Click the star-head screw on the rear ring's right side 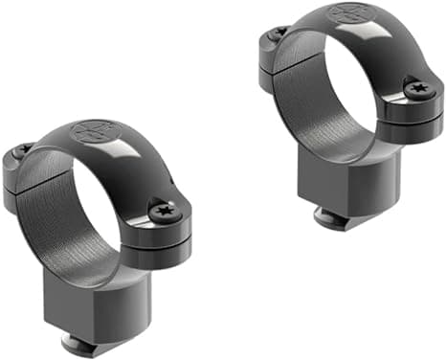pos(419,90)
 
